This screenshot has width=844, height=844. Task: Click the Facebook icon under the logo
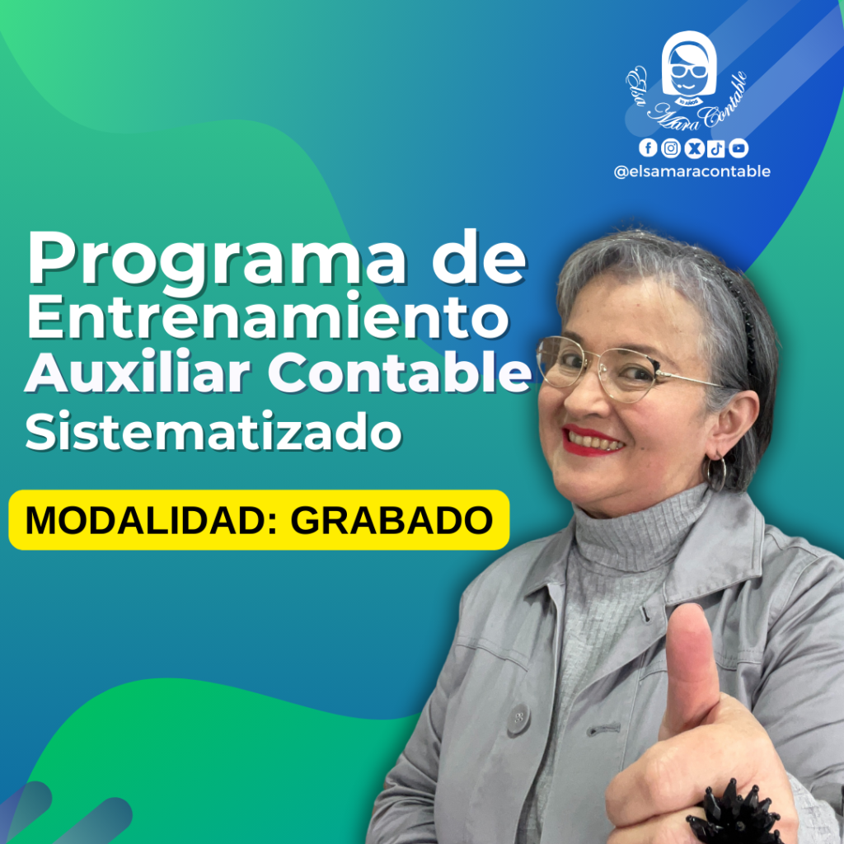coord(648,148)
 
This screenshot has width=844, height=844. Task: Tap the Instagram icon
coord(671,148)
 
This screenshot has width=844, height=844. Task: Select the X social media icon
coord(694,148)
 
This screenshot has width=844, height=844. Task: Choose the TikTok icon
coord(716,148)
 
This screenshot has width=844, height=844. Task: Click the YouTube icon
coord(738,148)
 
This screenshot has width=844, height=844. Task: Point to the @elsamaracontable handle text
coord(692,171)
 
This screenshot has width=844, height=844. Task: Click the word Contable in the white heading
coord(400,373)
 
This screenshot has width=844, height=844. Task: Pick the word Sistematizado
coord(213,431)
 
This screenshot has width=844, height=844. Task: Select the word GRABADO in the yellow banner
coord(392,521)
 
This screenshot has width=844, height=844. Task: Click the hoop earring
coord(717,474)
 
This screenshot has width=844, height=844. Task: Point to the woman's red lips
coord(591,440)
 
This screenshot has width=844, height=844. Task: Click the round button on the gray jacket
coord(518,719)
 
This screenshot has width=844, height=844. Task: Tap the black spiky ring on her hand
coord(734,814)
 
